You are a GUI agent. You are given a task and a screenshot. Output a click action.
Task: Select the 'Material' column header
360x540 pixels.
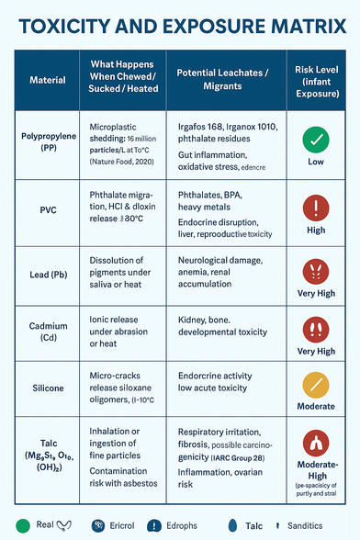point(48,80)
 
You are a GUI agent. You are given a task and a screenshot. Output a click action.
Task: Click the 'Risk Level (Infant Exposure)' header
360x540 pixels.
point(316,79)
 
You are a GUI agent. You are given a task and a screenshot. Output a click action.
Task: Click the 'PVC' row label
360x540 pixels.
point(48,208)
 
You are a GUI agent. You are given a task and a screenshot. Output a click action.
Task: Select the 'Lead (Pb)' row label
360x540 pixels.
point(48,275)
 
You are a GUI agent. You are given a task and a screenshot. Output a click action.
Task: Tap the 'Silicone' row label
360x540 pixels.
point(48,388)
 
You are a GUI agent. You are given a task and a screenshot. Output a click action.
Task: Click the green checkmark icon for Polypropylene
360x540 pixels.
point(316,140)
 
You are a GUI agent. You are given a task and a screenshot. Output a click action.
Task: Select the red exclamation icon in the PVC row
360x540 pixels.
point(316,205)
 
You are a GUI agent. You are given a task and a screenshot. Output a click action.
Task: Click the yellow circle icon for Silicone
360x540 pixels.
point(316,380)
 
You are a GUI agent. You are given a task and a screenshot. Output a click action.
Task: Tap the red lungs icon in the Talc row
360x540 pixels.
point(316,443)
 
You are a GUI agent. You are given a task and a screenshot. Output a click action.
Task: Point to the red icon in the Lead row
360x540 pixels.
point(316,271)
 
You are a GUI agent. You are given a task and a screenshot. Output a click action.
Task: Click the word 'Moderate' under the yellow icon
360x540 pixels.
point(316,405)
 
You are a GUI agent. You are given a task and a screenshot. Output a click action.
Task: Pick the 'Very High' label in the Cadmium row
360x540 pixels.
point(316,351)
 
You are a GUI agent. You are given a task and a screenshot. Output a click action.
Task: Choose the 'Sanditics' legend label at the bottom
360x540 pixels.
point(304,525)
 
